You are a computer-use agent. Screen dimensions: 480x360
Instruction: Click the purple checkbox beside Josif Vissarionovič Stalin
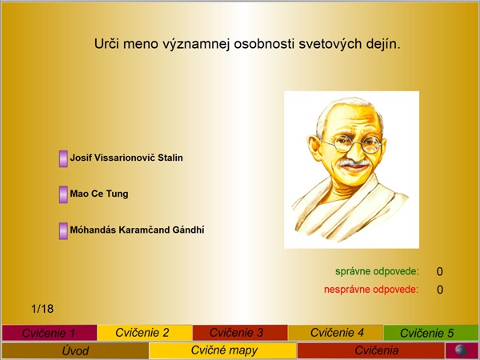pos(63,159)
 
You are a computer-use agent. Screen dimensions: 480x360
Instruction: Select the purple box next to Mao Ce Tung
pos(63,194)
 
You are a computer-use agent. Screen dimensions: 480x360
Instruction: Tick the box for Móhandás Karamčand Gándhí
pos(63,231)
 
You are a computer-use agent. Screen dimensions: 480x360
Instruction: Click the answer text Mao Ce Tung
pos(99,194)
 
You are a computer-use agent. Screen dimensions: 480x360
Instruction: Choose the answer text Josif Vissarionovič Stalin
pos(126,158)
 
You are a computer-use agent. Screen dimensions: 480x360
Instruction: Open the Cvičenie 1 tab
pos(50,333)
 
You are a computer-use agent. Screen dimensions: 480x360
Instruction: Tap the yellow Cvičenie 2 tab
pos(145,333)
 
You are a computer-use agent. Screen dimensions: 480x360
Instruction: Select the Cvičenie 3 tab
pos(240,333)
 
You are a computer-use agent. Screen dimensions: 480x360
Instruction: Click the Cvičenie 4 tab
pos(335,333)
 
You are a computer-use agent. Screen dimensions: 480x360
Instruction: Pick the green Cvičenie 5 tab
pos(430,333)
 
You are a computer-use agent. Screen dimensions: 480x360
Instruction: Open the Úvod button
pos(75,350)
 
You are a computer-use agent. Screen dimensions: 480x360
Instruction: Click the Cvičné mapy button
pos(223,350)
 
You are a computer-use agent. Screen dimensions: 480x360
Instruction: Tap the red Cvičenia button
pos(370,350)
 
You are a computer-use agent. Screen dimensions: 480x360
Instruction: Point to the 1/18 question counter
pos(42,309)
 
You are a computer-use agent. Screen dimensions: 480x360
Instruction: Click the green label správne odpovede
pos(377,271)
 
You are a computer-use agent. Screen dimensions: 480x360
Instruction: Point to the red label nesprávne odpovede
pos(371,290)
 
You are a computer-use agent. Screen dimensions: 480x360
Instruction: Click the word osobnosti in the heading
pos(265,44)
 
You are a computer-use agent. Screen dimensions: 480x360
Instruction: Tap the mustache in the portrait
pos(354,163)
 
